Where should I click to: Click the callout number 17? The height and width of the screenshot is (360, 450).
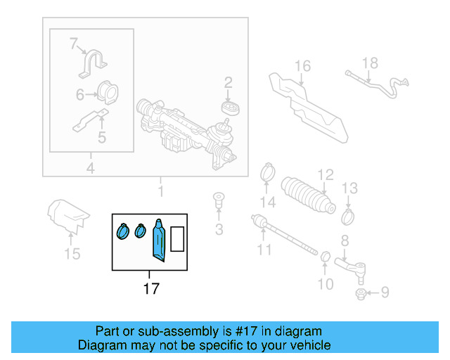[150, 288]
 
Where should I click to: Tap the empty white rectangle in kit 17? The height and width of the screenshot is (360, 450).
[178, 239]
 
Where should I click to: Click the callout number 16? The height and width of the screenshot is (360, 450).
[302, 67]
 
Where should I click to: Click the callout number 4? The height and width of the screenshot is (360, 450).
[91, 168]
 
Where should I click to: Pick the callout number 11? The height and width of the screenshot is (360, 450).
[264, 250]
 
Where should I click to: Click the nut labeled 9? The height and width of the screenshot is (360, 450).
[360, 292]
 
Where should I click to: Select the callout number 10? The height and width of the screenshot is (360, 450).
[325, 284]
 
